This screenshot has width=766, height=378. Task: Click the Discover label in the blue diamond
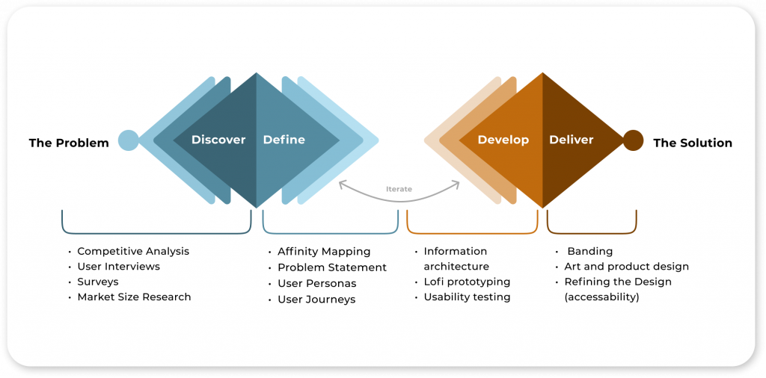click(218, 140)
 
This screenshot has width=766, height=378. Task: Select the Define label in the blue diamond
click(284, 140)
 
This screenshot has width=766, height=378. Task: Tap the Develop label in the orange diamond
click(503, 140)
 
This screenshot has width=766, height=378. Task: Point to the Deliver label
click(571, 140)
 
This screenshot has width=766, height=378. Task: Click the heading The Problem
click(69, 143)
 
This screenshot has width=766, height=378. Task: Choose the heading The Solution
click(693, 143)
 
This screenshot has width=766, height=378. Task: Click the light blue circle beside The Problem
click(129, 140)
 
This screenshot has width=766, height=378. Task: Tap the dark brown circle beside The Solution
click(633, 140)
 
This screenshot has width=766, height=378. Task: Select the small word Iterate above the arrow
click(399, 189)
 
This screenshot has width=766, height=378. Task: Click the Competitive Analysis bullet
click(133, 252)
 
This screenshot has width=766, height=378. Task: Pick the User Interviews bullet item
click(119, 267)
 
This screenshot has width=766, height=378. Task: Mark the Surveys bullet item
click(98, 282)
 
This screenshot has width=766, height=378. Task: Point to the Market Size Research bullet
click(134, 297)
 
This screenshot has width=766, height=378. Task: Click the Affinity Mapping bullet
click(324, 252)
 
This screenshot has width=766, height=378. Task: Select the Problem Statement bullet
click(332, 267)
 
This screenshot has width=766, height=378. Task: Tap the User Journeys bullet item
click(316, 300)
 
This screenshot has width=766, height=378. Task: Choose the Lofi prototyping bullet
click(467, 282)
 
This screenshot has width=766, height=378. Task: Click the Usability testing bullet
click(467, 297)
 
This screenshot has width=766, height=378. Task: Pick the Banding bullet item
click(589, 252)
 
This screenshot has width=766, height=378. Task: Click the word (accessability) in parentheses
click(602, 297)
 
